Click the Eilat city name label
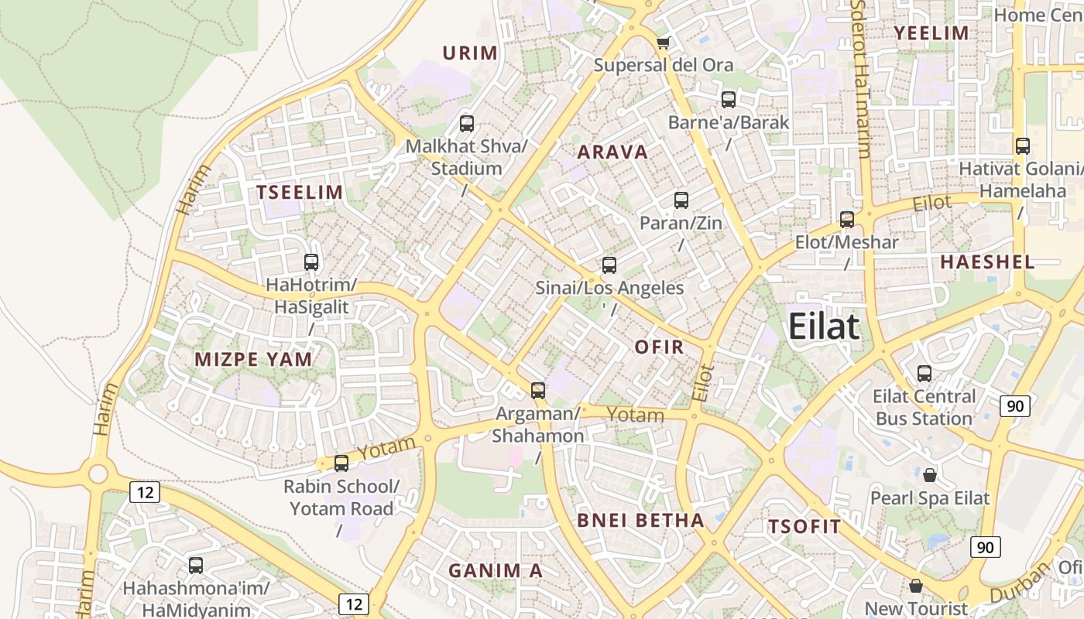tap(824, 327)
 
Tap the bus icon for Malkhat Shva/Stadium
tap(466, 123)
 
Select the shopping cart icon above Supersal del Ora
tap(662, 43)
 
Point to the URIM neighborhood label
tap(470, 53)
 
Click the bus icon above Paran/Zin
tap(681, 200)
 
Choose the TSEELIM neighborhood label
tap(300, 193)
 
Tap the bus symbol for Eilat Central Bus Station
tap(924, 374)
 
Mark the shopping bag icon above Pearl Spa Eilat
tap(929, 474)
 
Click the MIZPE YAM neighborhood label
tap(254, 359)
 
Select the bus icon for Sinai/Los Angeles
tap(609, 265)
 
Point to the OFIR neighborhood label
tap(660, 347)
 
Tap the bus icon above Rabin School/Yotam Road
tap(341, 463)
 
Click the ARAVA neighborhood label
tap(612, 152)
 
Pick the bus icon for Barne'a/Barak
tap(728, 100)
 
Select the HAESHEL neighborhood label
tap(987, 262)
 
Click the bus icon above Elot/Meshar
tap(847, 220)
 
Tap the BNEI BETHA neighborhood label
tap(640, 521)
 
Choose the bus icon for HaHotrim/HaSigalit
tap(311, 262)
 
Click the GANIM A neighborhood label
tap(496, 571)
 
